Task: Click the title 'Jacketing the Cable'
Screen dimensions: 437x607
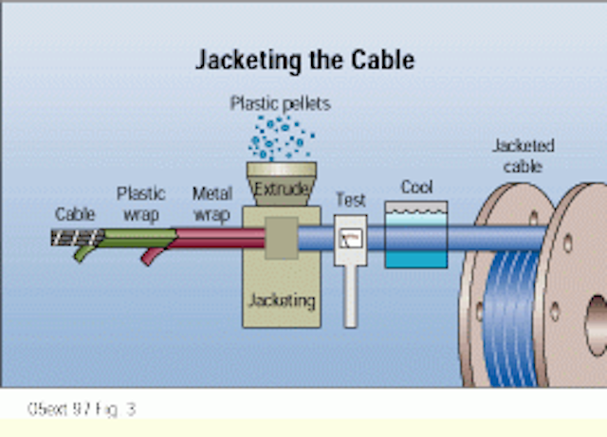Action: coord(303,61)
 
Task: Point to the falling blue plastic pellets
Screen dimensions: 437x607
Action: coord(281,137)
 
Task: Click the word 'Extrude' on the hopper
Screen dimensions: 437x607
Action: coord(281,190)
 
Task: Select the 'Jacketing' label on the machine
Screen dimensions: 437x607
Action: coord(281,300)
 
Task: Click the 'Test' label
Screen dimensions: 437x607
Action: coord(350,200)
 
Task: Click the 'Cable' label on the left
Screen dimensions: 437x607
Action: coord(75,214)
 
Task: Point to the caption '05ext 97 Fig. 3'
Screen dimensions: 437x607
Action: coord(82,410)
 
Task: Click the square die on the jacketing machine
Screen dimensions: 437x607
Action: coord(281,238)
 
